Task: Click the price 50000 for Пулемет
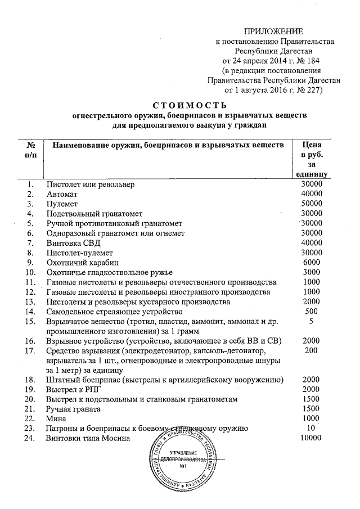pos(312,204)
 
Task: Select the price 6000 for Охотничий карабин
pos(312,263)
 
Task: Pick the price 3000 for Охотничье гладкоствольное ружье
pos(312,272)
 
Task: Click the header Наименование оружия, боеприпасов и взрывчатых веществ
pos(168,145)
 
